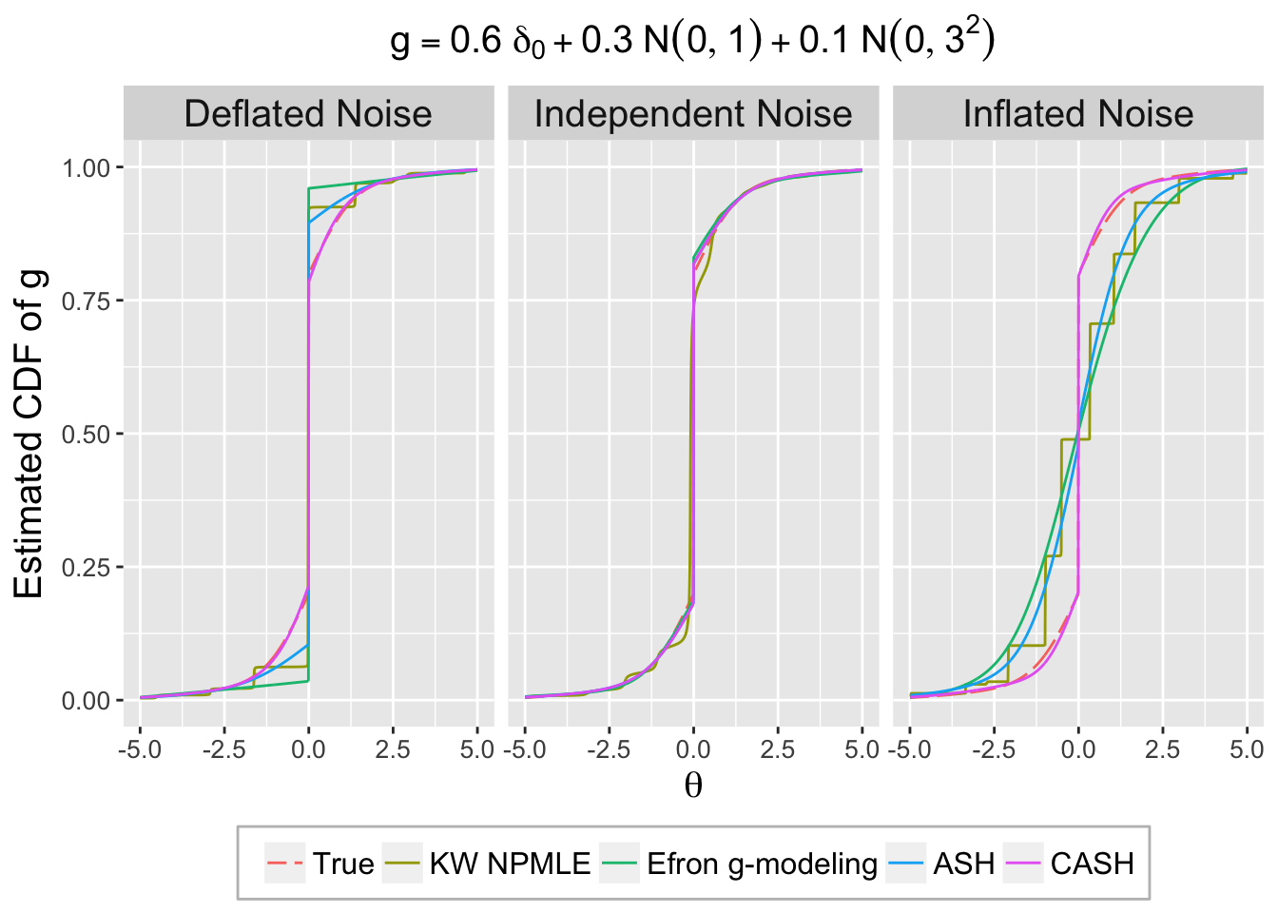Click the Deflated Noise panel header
coord(308,114)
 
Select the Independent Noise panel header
coord(693,114)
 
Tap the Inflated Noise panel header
coord(1078,114)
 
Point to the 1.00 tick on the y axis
coord(87,168)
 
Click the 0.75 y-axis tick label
coord(87,301)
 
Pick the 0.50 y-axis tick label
coord(87,435)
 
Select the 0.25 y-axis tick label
coord(87,568)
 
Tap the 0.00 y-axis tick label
coord(87,701)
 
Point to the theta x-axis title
coord(693,786)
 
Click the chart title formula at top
coord(693,43)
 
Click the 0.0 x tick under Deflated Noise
coord(308,750)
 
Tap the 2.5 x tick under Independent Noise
coord(777,750)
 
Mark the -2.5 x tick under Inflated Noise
coord(994,750)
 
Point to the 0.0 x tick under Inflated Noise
coord(1078,750)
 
